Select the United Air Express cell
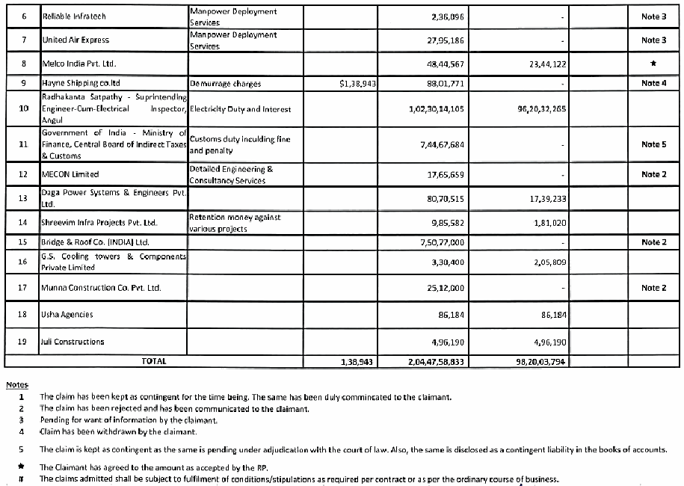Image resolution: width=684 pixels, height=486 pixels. [76, 40]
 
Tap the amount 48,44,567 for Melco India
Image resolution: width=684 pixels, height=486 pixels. [443, 64]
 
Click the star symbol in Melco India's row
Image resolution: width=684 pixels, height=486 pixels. [654, 64]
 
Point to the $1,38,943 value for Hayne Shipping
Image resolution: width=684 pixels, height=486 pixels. [357, 84]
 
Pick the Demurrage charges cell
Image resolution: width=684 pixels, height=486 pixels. [225, 84]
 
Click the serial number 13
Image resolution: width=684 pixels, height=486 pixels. [23, 197]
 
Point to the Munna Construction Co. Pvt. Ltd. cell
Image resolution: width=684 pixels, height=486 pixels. [102, 287]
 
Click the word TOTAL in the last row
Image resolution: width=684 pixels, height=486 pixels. [154, 360]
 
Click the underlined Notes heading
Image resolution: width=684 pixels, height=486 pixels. [17, 384]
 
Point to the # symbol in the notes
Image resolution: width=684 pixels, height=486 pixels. [22, 479]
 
